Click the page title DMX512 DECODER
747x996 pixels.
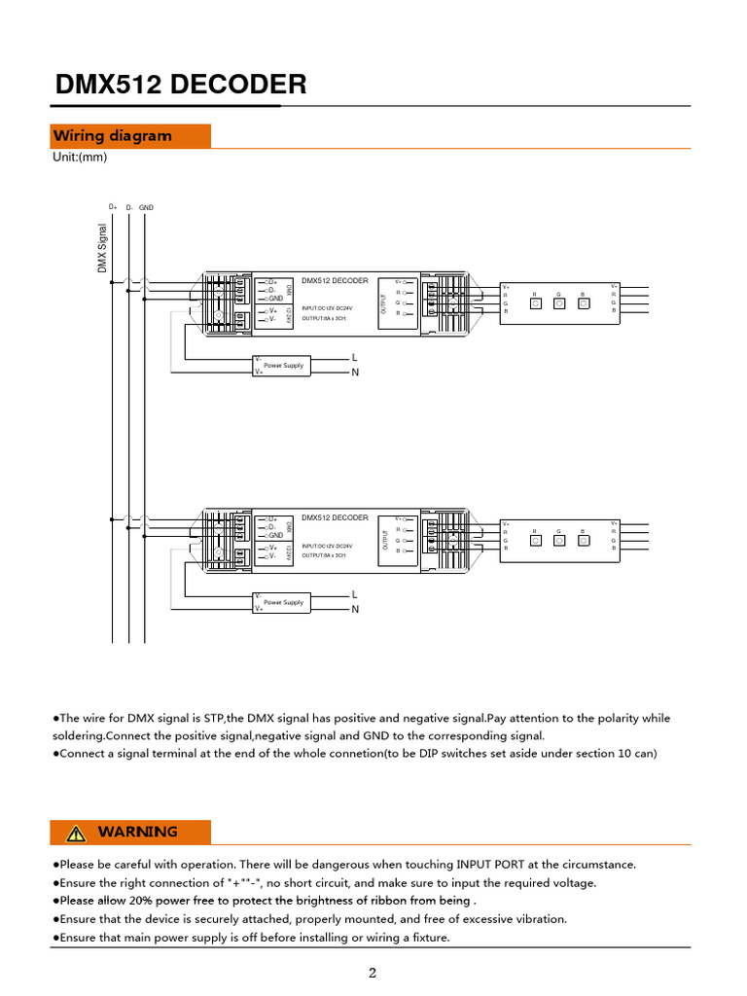tap(181, 85)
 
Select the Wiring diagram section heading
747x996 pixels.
tap(112, 136)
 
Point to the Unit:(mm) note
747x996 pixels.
tap(80, 158)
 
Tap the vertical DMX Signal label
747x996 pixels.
tap(102, 248)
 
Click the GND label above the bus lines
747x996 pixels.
tap(146, 207)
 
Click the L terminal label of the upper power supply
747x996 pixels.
tap(355, 358)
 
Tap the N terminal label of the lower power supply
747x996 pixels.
tap(355, 610)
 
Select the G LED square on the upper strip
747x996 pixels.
tap(559, 302)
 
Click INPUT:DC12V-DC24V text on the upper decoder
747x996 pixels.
tap(327, 308)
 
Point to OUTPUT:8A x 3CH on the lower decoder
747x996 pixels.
tap(324, 555)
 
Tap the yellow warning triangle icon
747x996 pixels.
tap(76, 833)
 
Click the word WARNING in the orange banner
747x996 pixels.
tap(137, 833)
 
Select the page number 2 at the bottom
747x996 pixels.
tap(373, 974)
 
